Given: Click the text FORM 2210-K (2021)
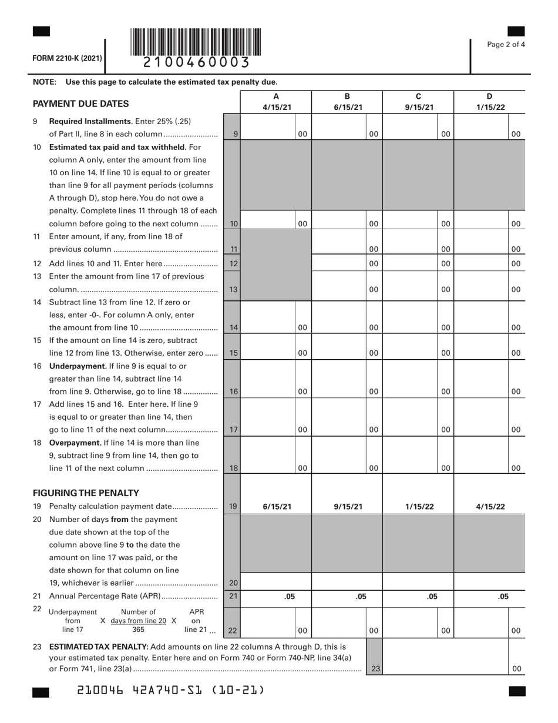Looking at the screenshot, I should (x=67, y=58).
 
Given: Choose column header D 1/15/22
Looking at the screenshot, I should (x=489, y=102).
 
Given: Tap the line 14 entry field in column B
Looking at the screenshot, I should (x=339, y=327).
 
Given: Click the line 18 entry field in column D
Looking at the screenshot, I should (x=481, y=468).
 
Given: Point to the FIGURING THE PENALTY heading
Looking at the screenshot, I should (x=86, y=493).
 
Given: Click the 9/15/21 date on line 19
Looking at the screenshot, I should (x=348, y=507).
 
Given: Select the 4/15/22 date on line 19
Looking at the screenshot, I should (x=490, y=507).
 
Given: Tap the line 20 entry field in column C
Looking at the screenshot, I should (x=418, y=583).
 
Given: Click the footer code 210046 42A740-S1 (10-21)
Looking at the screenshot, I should (x=170, y=690).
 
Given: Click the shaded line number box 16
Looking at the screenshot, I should (x=233, y=391).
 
